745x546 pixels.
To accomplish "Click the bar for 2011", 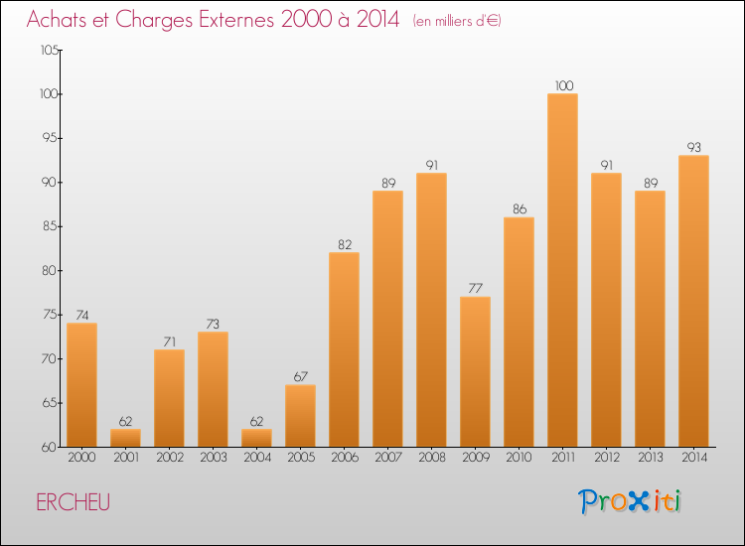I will point(562,270).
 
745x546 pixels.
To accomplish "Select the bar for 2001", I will point(125,438).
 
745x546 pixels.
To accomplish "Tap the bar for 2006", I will point(344,349).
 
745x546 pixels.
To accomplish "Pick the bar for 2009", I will point(475,371).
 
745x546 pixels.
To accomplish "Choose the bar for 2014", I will point(693,301).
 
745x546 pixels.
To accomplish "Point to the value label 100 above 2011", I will point(562,86).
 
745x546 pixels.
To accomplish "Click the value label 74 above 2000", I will point(81,316).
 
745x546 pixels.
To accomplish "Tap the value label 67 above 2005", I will point(300,377).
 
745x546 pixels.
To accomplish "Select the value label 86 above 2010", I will point(519,209).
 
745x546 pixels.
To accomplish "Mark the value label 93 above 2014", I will point(693,148).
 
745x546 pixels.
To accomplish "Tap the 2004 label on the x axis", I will point(256,458).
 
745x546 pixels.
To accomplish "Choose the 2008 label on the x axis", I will point(431,458).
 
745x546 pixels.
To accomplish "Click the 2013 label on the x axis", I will point(650,458).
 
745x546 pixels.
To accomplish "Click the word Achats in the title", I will point(63,20).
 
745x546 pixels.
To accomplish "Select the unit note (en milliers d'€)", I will point(458,21).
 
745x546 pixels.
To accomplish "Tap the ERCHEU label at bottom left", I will point(73,502).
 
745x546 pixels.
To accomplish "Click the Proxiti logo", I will point(631,501).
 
